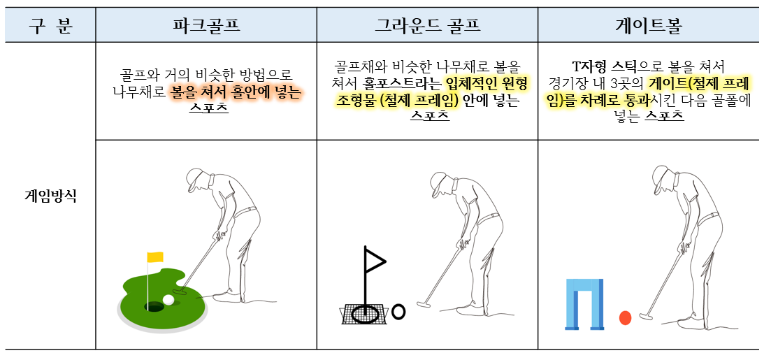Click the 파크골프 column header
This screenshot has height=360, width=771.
point(206,26)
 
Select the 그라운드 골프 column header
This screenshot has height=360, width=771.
point(427,26)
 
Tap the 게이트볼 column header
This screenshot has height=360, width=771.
point(648,26)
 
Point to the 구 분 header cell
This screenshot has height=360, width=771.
point(50,26)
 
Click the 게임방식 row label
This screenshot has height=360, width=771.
point(50,196)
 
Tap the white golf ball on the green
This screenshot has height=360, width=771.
point(168,300)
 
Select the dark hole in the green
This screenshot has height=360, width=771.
point(153,306)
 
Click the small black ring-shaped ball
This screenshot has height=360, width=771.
point(398,312)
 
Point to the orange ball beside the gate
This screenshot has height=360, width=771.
point(625,318)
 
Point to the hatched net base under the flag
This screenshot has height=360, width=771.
point(363,315)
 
